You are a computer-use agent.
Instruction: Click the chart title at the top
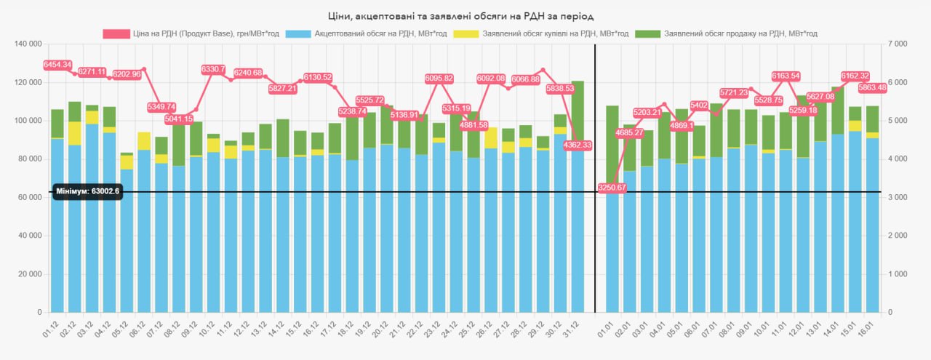point(465,15)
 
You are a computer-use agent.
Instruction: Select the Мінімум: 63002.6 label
point(87,191)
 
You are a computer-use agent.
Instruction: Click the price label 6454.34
point(57,65)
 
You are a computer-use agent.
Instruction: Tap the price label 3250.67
point(612,188)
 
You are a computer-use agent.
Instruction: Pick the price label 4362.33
point(578,145)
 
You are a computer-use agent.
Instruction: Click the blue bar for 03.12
point(92,218)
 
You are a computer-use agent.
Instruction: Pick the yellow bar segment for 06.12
point(144,141)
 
